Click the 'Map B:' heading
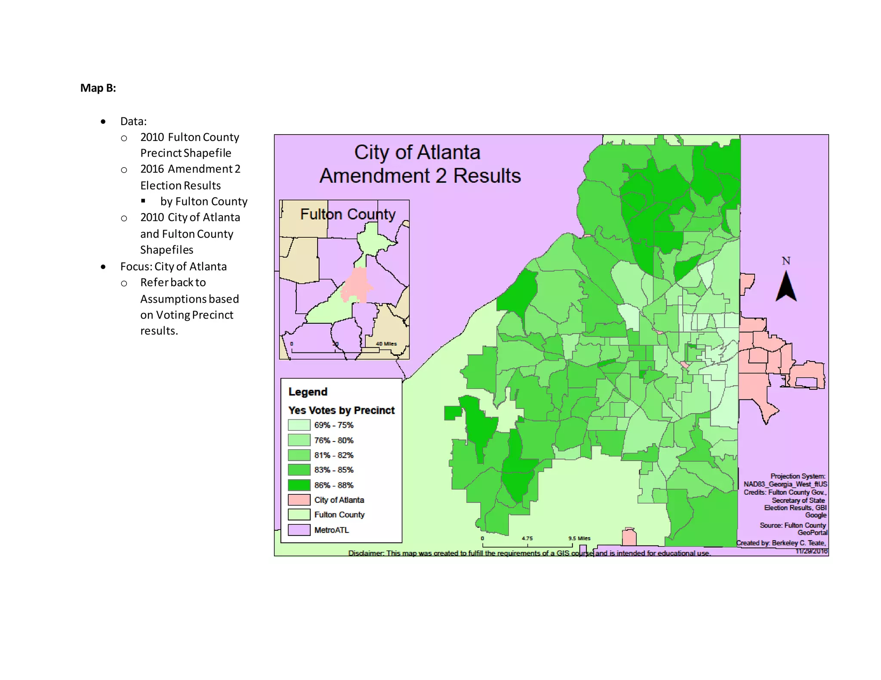coord(98,88)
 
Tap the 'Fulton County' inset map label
coord(348,214)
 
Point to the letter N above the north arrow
coord(786,261)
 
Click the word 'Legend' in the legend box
coord(308,392)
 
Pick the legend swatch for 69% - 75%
coord(299,425)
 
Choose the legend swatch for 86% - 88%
coord(299,485)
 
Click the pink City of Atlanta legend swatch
coord(299,500)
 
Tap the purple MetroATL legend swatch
coord(299,530)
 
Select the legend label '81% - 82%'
coord(334,455)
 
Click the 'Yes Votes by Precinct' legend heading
coord(342,410)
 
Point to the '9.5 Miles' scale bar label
coord(579,538)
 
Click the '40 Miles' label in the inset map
coord(386,344)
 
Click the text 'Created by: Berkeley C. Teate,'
coord(781,543)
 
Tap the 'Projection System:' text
coord(798,476)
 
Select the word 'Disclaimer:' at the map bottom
coord(366,553)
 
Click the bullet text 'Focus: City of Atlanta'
coord(173,266)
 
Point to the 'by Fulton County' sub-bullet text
coord(204,202)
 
